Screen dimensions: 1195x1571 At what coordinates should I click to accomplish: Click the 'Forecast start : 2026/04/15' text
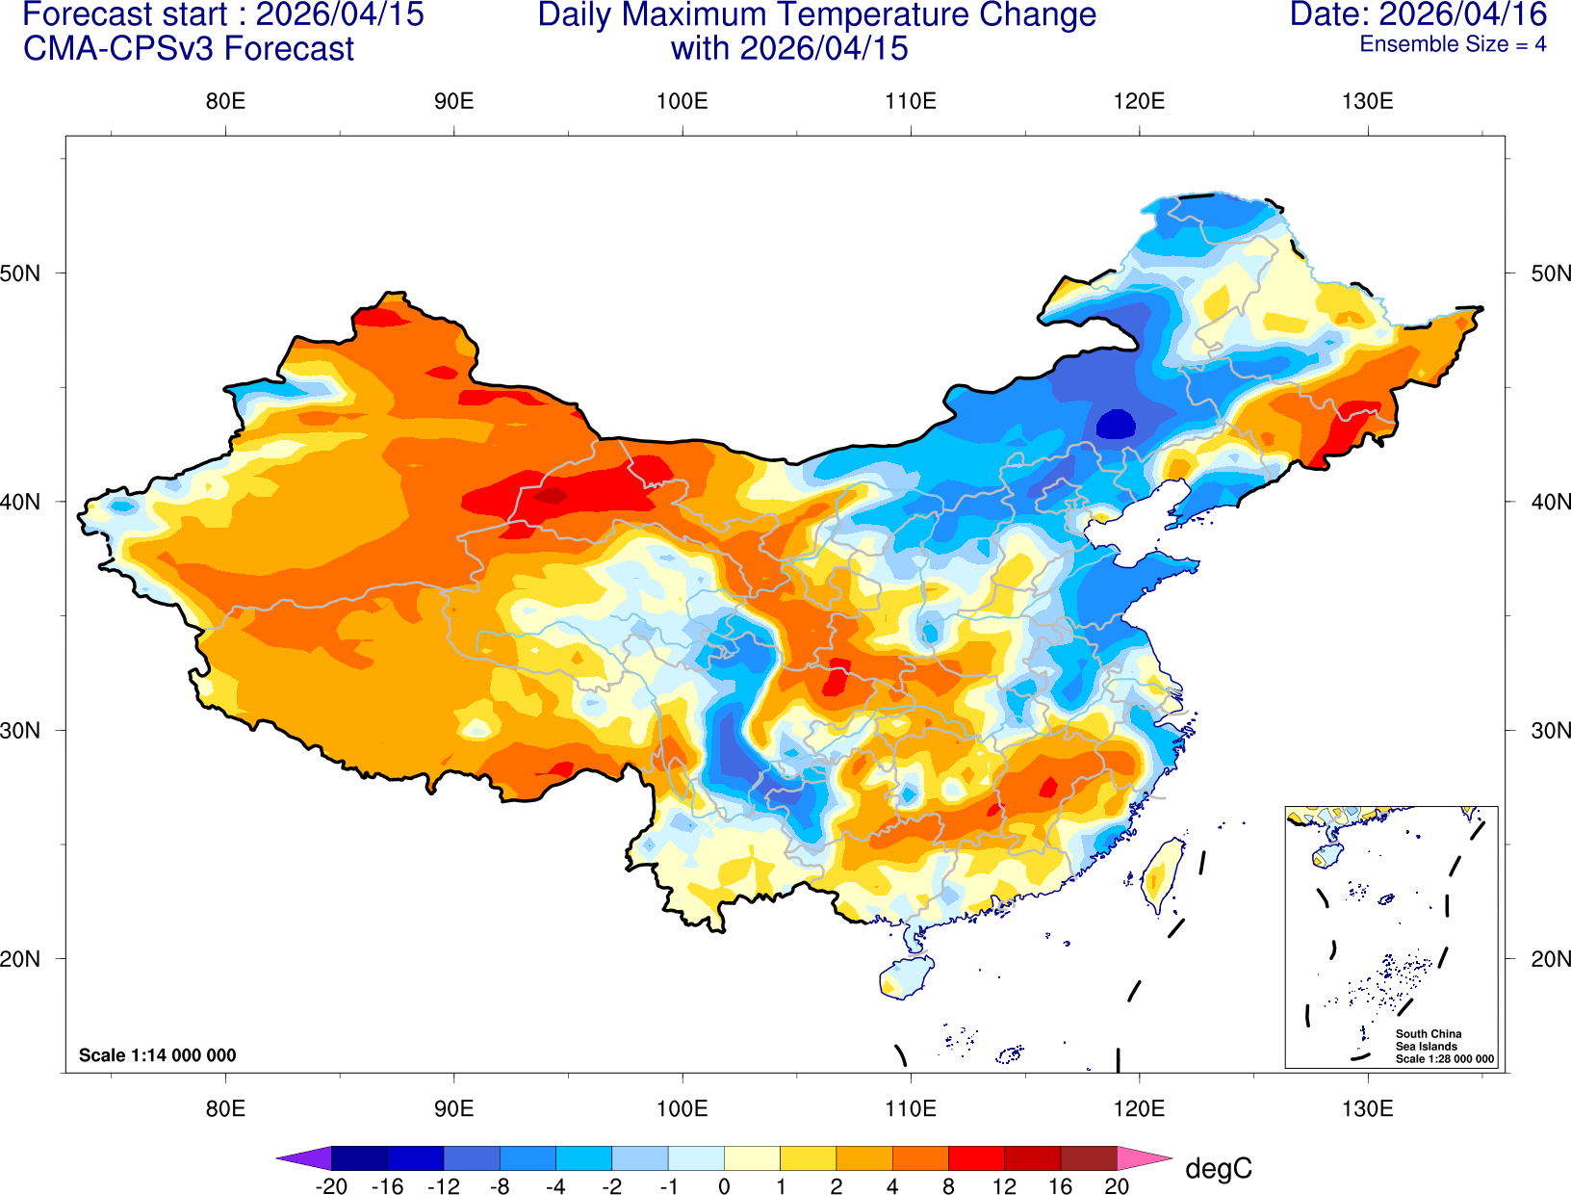tap(222, 15)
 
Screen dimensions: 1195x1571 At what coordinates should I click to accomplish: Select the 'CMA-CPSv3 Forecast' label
tap(189, 49)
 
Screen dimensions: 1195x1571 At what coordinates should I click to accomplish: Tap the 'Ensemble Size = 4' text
tap(1453, 44)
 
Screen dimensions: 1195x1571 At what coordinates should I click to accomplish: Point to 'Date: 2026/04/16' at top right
tap(1418, 14)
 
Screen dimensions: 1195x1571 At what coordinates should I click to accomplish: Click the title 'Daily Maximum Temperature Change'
tap(816, 15)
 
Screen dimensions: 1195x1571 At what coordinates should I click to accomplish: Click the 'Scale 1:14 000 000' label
tap(157, 1055)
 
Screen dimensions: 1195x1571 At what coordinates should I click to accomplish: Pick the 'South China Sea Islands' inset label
tap(1428, 1040)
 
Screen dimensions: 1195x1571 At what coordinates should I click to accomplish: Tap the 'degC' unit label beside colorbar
tap(1218, 1169)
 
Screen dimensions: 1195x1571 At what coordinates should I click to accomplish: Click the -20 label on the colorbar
tap(331, 1186)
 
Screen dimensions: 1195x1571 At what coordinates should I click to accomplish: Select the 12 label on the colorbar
tap(1004, 1186)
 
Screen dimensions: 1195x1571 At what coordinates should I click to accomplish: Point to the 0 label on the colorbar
tap(724, 1186)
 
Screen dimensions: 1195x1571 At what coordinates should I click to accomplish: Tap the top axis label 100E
tap(682, 101)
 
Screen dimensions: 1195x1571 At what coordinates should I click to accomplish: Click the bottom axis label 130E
tap(1367, 1108)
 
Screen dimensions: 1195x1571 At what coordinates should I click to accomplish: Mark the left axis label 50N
tap(21, 273)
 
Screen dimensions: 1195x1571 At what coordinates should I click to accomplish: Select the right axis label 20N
tap(1550, 959)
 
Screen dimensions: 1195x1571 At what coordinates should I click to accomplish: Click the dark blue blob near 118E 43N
tap(1116, 424)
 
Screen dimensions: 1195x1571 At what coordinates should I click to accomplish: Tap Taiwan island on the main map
tap(1163, 874)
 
